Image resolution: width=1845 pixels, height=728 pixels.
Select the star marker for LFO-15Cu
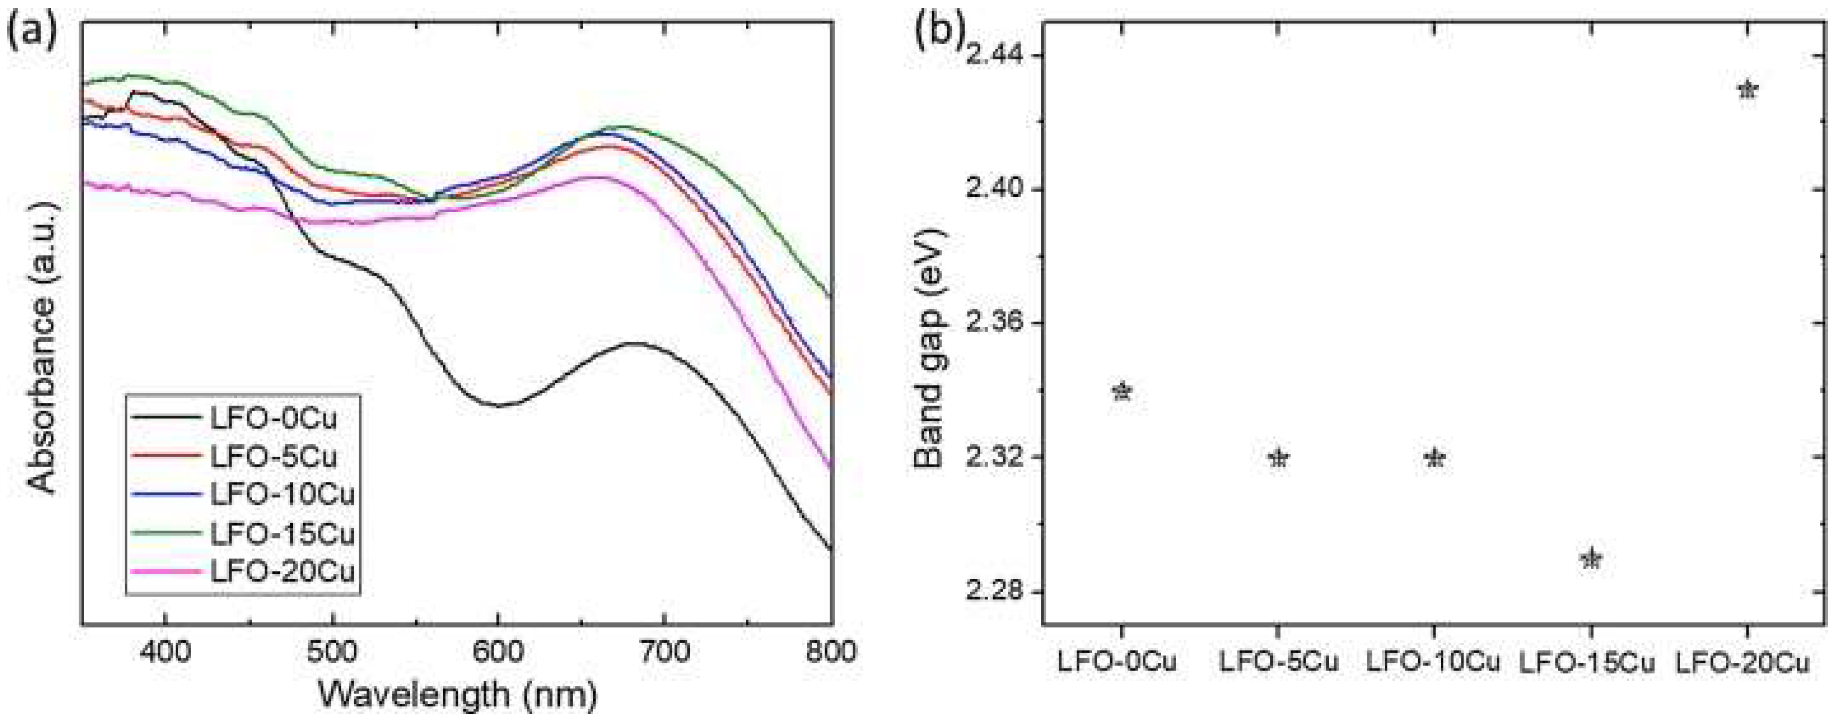coord(1591,559)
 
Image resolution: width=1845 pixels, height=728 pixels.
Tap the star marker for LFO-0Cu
coord(1122,392)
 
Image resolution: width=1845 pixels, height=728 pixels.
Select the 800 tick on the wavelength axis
coord(832,652)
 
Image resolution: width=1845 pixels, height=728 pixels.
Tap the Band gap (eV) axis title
coord(930,349)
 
